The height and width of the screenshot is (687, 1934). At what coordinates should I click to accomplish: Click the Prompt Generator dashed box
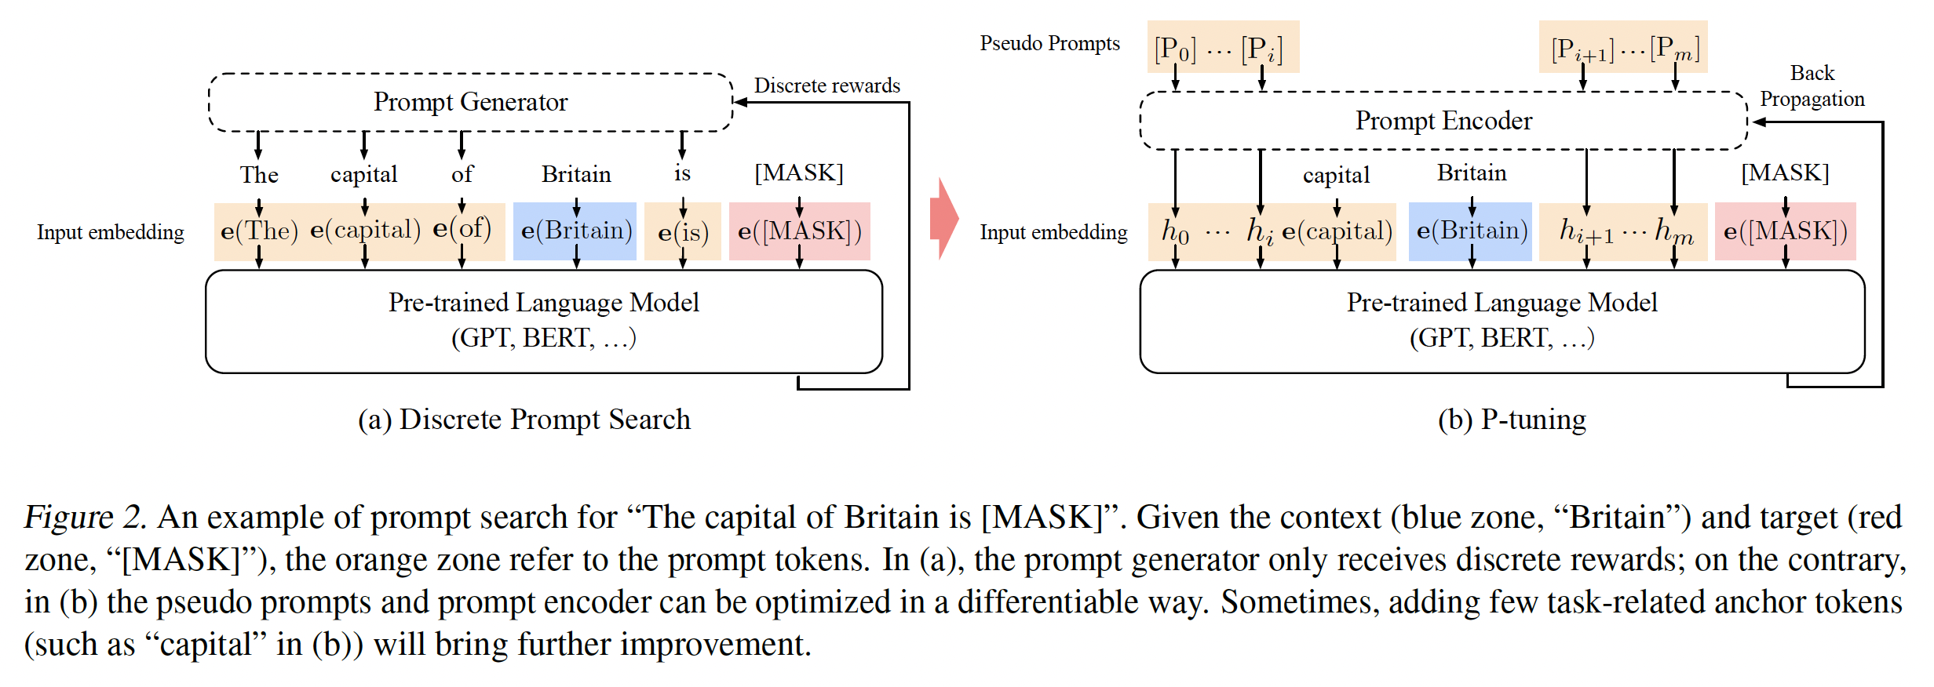pyautogui.click(x=470, y=103)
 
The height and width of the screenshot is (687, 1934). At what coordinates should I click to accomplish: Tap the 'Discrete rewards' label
pyautogui.click(x=827, y=85)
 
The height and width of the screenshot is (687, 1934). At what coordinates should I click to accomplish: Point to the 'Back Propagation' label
pyautogui.click(x=1812, y=86)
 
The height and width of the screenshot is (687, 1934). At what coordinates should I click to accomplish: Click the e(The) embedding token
pyautogui.click(x=259, y=231)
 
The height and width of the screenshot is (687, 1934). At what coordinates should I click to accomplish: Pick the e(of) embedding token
pyautogui.click(x=462, y=229)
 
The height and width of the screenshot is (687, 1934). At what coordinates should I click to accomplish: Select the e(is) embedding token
pyautogui.click(x=683, y=232)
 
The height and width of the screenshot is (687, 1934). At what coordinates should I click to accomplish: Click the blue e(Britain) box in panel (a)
pyautogui.click(x=575, y=231)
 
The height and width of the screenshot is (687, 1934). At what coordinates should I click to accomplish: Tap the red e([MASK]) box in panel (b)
pyautogui.click(x=1785, y=231)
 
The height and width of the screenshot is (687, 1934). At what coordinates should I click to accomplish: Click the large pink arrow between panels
pyautogui.click(x=944, y=218)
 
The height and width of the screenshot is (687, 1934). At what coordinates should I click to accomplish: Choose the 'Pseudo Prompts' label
pyautogui.click(x=1049, y=44)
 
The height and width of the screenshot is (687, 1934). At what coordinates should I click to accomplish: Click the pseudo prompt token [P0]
pyautogui.click(x=1175, y=49)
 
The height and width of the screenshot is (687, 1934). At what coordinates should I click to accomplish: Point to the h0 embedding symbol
pyautogui.click(x=1175, y=231)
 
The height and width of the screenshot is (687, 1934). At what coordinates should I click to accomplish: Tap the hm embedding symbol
pyautogui.click(x=1673, y=231)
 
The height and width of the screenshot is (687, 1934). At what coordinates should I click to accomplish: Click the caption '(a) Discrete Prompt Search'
pyautogui.click(x=524, y=420)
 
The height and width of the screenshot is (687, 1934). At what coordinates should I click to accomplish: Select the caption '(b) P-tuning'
pyautogui.click(x=1512, y=420)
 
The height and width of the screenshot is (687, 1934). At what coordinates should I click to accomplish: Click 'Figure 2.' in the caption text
pyautogui.click(x=85, y=518)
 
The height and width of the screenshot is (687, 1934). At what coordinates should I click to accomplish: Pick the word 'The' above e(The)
pyautogui.click(x=259, y=174)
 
